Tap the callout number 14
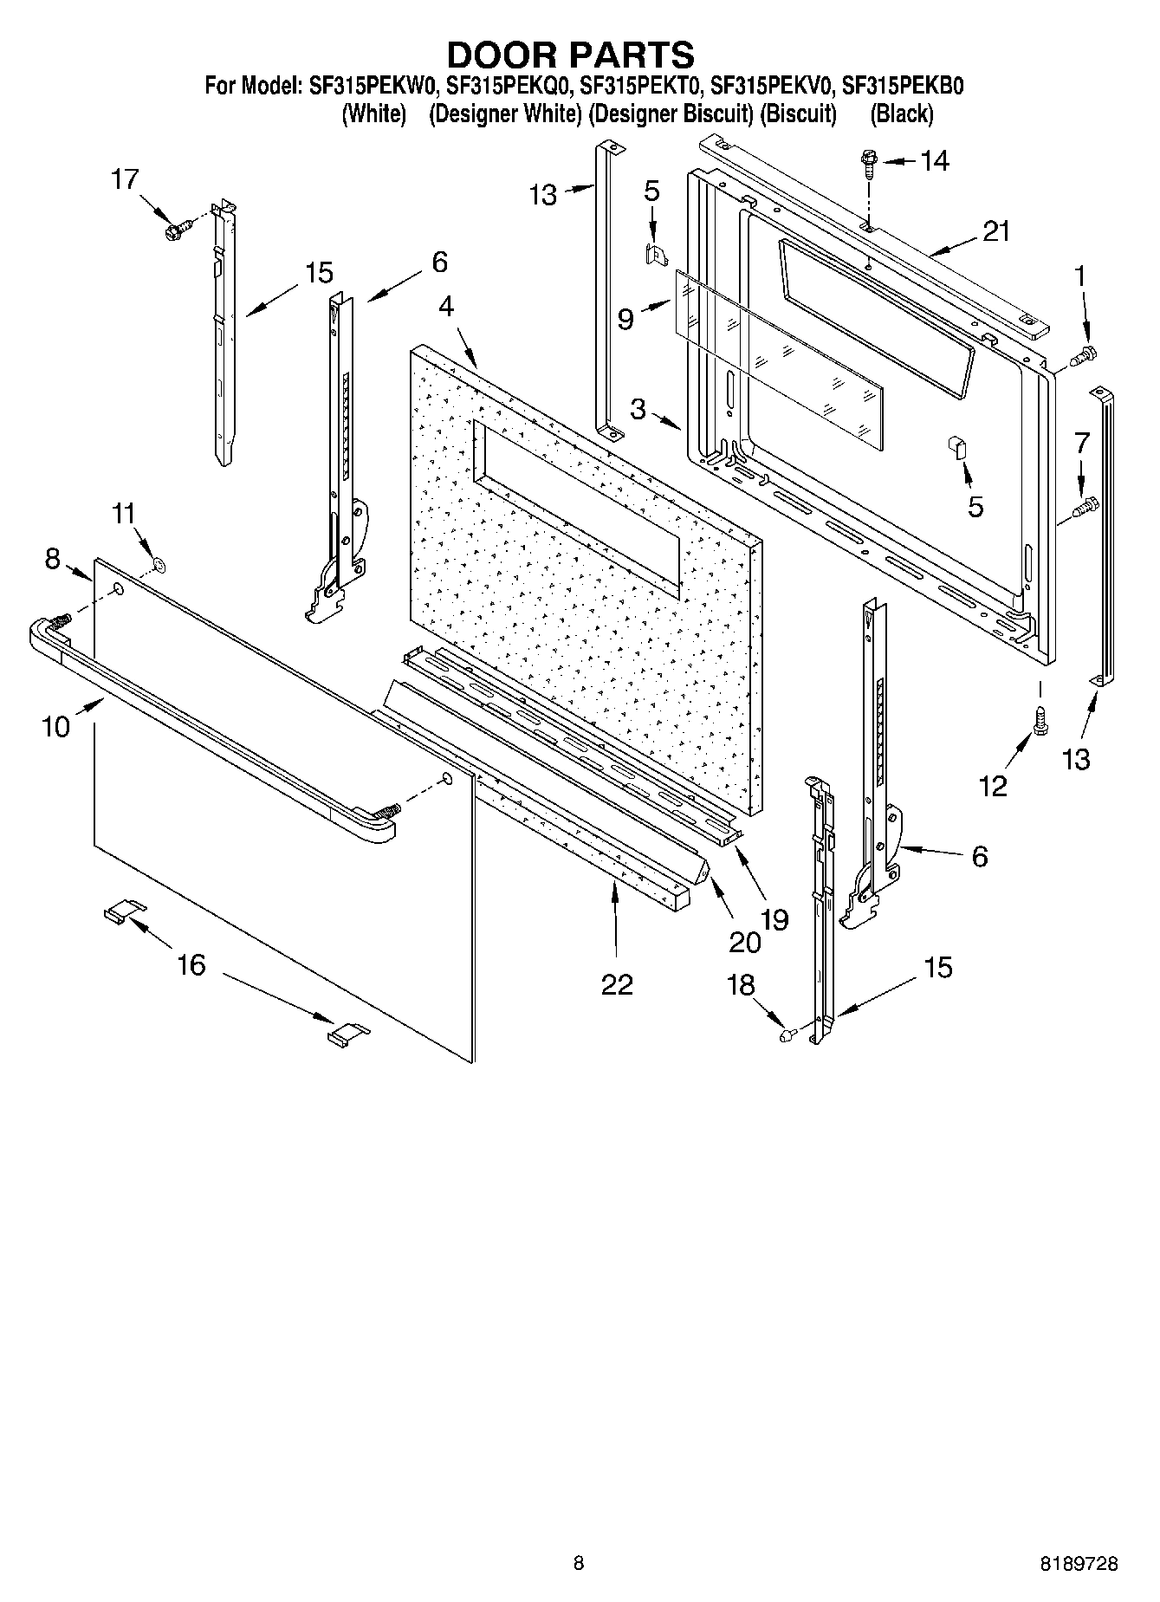[934, 161]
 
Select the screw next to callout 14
[866, 160]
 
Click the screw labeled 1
[1084, 354]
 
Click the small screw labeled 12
[1040, 723]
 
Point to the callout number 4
[445, 307]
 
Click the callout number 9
[625, 320]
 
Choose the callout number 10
[55, 726]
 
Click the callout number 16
[191, 964]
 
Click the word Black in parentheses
[902, 114]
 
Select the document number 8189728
[1079, 1564]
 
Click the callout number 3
[638, 409]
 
